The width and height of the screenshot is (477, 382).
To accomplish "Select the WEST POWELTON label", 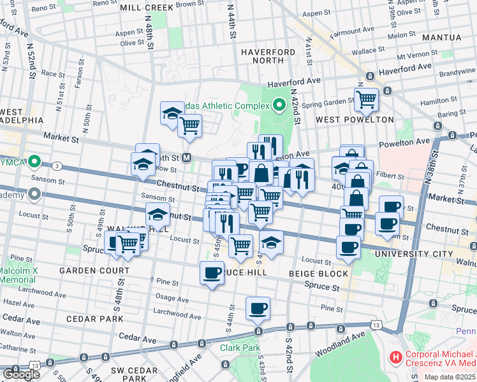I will coord(355,120).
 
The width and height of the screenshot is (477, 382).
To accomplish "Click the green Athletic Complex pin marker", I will coord(279,104).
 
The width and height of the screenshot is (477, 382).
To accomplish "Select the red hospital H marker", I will coord(395,358).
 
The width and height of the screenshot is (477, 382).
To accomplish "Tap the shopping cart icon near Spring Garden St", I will coord(366,99).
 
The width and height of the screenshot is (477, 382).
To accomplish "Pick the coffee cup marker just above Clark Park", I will coord(258,309).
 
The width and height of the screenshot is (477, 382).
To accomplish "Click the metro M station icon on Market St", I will coord(187,157).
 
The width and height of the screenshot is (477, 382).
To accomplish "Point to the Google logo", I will coord(20,374).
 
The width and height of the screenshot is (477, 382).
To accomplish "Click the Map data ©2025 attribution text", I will coord(450,376).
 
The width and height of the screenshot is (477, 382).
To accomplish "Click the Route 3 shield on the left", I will coord(57,166).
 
